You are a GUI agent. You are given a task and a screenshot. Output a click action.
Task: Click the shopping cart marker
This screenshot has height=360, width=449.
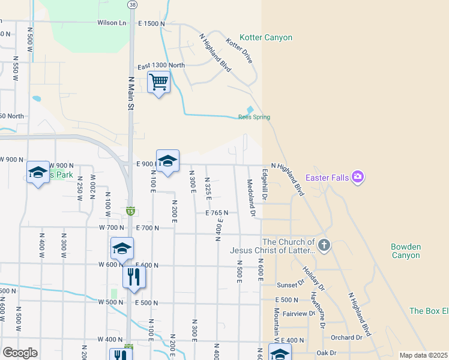pyautogui.click(x=159, y=82)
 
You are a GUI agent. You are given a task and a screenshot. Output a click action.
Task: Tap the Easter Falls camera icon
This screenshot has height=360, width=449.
pyautogui.click(x=358, y=176)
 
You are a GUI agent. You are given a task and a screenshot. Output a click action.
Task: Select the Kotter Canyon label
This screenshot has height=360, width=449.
pyautogui.click(x=266, y=37)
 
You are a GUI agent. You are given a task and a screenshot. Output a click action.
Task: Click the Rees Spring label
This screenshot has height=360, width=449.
pyautogui.click(x=255, y=117)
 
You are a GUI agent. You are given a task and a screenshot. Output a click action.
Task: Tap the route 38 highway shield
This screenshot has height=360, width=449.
pyautogui.click(x=132, y=4)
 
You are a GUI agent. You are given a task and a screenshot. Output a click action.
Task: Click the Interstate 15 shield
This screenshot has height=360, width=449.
pyautogui.click(x=130, y=211)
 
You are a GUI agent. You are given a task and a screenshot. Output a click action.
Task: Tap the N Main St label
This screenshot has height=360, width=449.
pyautogui.click(x=130, y=92)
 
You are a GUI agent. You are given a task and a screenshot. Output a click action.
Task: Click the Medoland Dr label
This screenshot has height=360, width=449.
pyautogui.click(x=251, y=197)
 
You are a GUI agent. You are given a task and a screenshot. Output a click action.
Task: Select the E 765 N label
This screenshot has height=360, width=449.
pyautogui.click(x=218, y=213)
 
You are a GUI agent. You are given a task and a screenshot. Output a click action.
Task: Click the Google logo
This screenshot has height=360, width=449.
pyautogui.click(x=20, y=353)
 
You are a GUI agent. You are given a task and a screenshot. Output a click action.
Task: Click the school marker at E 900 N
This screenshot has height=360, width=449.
pyautogui.click(x=168, y=161)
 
